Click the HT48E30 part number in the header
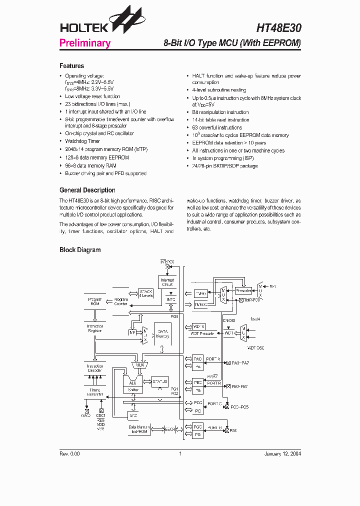point(279,28)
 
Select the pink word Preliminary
point(85,43)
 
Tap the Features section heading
point(71,66)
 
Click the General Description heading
point(87,190)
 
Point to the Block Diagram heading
point(80,250)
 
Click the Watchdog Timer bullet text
point(83,141)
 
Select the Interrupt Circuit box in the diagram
point(167,282)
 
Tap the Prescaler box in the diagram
point(243,290)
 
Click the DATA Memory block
point(163,333)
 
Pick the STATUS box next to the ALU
point(160,381)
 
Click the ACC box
point(133,415)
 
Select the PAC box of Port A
point(198,359)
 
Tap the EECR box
point(171,428)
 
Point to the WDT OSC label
point(256,346)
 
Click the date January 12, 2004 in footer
point(282,453)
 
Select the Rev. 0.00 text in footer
point(69,453)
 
